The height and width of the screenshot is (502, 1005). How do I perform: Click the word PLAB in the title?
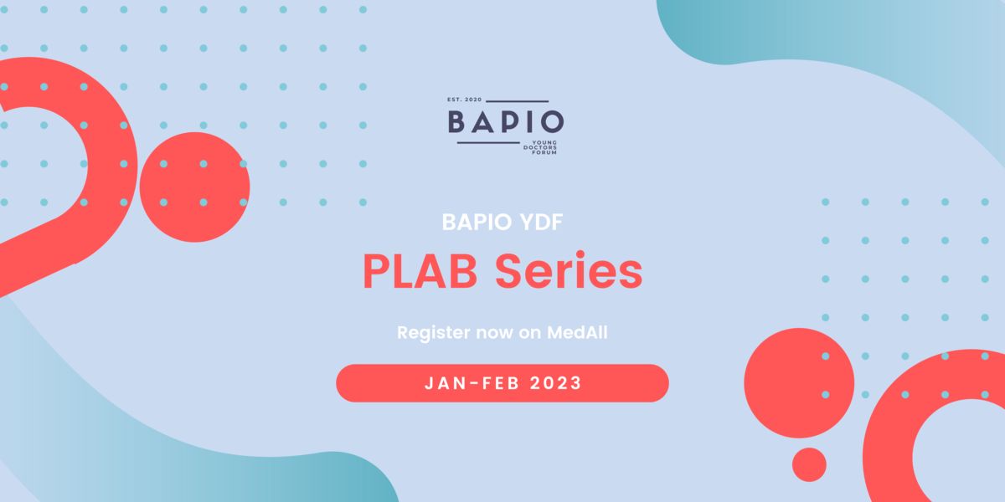tap(420, 272)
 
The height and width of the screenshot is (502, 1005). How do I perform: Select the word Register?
tap(434, 333)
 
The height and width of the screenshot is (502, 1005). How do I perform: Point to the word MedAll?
tap(577, 333)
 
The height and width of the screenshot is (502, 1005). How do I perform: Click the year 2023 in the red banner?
tap(555, 383)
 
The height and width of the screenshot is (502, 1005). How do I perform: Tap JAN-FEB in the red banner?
tap(472, 383)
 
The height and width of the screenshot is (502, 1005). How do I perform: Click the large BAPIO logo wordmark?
tap(506, 122)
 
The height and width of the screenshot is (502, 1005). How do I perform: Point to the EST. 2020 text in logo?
tap(464, 100)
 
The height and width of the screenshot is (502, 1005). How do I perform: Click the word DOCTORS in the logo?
tap(540, 147)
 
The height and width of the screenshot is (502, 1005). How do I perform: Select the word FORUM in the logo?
tap(544, 152)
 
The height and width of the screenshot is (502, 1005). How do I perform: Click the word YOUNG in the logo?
tap(544, 142)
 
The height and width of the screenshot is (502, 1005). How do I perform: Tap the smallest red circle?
tap(809, 465)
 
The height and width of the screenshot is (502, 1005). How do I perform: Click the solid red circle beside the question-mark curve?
tap(194, 187)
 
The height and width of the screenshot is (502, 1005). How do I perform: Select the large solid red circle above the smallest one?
tap(799, 383)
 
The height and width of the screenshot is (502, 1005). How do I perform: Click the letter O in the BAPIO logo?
tap(552, 122)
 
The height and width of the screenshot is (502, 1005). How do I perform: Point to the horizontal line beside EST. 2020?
tap(518, 101)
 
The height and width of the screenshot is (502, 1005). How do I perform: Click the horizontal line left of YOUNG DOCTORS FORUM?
tap(488, 143)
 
